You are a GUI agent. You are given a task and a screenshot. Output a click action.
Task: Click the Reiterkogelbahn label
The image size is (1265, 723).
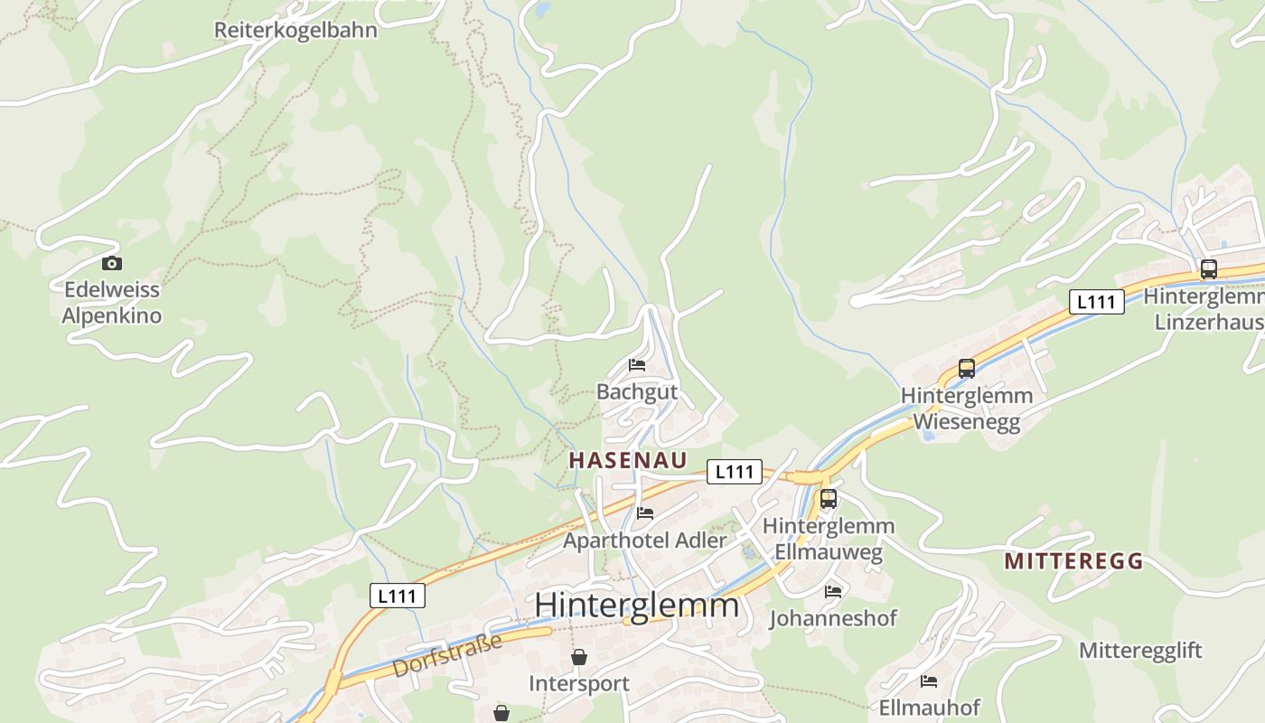coord(295,30)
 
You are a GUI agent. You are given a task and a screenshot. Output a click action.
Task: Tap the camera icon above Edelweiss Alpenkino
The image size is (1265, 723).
coord(112,263)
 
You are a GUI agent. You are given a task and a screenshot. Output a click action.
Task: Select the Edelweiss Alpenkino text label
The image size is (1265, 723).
coord(111,303)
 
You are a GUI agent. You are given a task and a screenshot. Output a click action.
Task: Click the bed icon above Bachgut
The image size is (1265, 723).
coord(637,365)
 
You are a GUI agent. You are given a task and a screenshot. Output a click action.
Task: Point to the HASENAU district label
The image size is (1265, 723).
coord(628,460)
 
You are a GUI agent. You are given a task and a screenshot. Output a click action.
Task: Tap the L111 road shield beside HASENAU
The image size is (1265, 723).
coord(734,471)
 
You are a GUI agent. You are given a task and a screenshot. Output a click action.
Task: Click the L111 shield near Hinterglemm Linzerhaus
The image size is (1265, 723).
coord(1097,302)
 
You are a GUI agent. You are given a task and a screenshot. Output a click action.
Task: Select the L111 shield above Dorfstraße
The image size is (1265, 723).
coord(398,596)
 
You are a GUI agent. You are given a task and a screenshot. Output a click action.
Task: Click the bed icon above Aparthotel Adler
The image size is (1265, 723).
coord(645,513)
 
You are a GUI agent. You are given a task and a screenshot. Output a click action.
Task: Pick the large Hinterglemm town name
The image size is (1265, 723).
coord(637,605)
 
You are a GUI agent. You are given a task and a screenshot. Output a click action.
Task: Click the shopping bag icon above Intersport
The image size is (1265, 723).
coord(579,657)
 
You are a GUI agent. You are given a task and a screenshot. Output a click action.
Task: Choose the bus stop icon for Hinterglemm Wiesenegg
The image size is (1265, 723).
coord(967,369)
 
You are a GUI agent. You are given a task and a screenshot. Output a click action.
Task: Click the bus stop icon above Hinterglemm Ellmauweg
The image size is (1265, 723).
coord(829,499)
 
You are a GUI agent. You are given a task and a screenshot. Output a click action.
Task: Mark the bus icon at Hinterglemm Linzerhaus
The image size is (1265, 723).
coord(1208,269)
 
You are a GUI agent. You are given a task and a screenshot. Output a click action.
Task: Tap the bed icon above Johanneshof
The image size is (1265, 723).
coord(833,592)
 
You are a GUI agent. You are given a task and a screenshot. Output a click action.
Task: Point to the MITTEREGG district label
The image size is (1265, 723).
coord(1073,561)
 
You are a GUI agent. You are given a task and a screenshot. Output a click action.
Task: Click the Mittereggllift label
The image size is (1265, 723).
coord(1140,651)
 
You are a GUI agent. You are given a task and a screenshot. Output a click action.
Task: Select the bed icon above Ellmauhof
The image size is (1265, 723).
coord(929,681)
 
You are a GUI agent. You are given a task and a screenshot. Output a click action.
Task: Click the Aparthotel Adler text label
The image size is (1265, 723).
coord(645,540)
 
